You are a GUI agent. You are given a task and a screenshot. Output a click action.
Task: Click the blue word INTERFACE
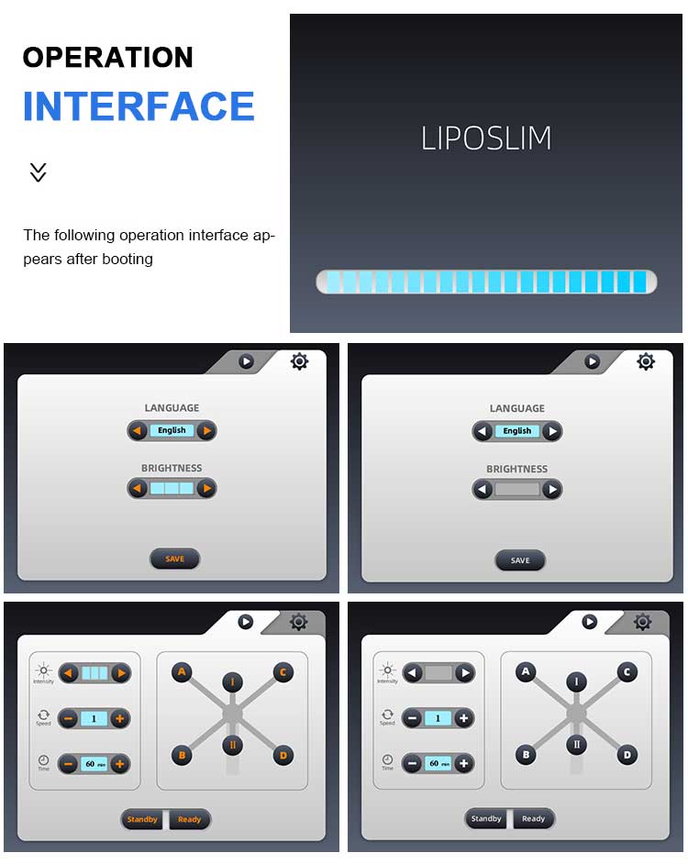139,106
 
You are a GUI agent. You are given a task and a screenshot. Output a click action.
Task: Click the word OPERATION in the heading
108,57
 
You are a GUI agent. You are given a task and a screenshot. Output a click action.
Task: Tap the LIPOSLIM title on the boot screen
485,138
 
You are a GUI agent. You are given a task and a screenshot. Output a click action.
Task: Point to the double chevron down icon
38,172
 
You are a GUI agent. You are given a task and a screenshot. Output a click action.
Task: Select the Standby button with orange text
142,819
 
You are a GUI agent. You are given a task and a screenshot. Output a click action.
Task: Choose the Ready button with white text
533,819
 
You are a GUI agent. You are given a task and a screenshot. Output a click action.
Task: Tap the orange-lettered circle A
182,671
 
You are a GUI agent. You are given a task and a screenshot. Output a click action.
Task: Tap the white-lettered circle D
627,754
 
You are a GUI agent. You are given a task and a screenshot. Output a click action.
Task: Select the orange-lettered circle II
233,746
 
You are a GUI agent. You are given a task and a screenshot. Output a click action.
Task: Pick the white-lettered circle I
577,681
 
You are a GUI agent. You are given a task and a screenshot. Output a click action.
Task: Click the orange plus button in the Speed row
119,718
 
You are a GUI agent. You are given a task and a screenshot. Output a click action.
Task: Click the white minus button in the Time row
413,764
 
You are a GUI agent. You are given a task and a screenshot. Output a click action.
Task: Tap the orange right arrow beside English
206,430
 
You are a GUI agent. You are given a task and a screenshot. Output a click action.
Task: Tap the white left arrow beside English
483,431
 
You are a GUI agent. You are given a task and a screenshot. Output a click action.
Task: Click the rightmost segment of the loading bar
640,282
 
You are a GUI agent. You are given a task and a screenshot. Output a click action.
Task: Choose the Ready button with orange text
189,819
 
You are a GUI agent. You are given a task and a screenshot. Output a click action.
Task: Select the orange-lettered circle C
283,671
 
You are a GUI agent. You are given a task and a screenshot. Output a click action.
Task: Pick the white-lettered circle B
526,754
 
